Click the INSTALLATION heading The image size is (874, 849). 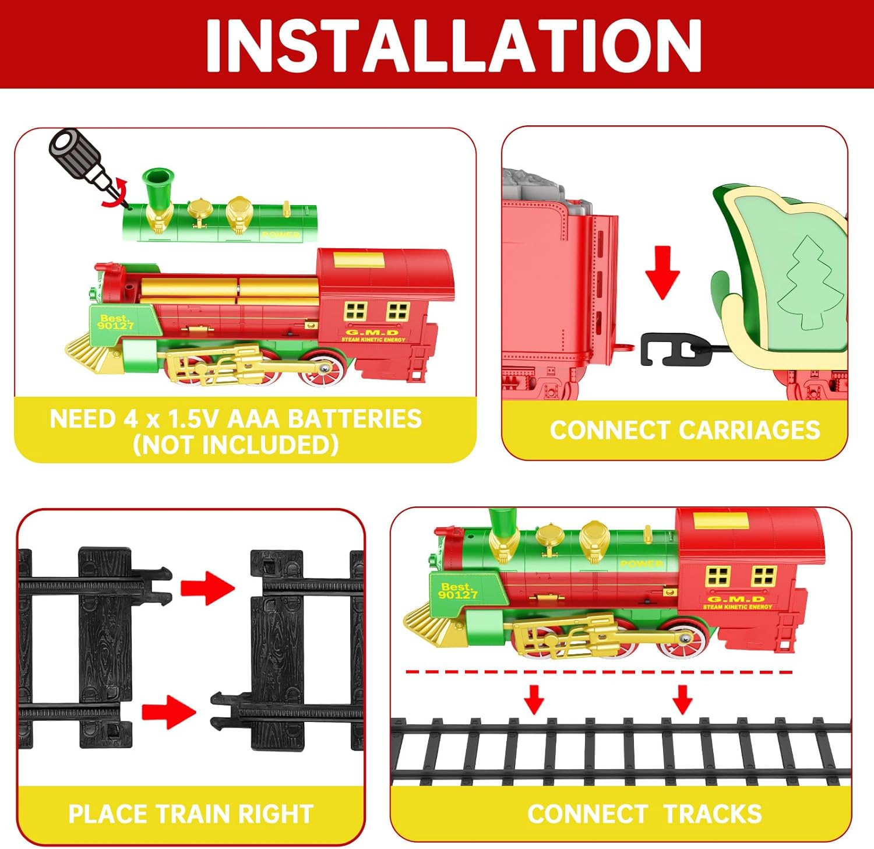pos(453,45)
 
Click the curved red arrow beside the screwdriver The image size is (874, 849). pos(115,193)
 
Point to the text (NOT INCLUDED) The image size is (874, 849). pos(235,445)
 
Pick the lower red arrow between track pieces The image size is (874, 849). pos(168,711)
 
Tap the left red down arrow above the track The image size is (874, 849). pos(534,698)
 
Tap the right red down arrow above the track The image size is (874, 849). pos(682,698)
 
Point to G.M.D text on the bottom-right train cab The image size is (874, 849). pos(736,598)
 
